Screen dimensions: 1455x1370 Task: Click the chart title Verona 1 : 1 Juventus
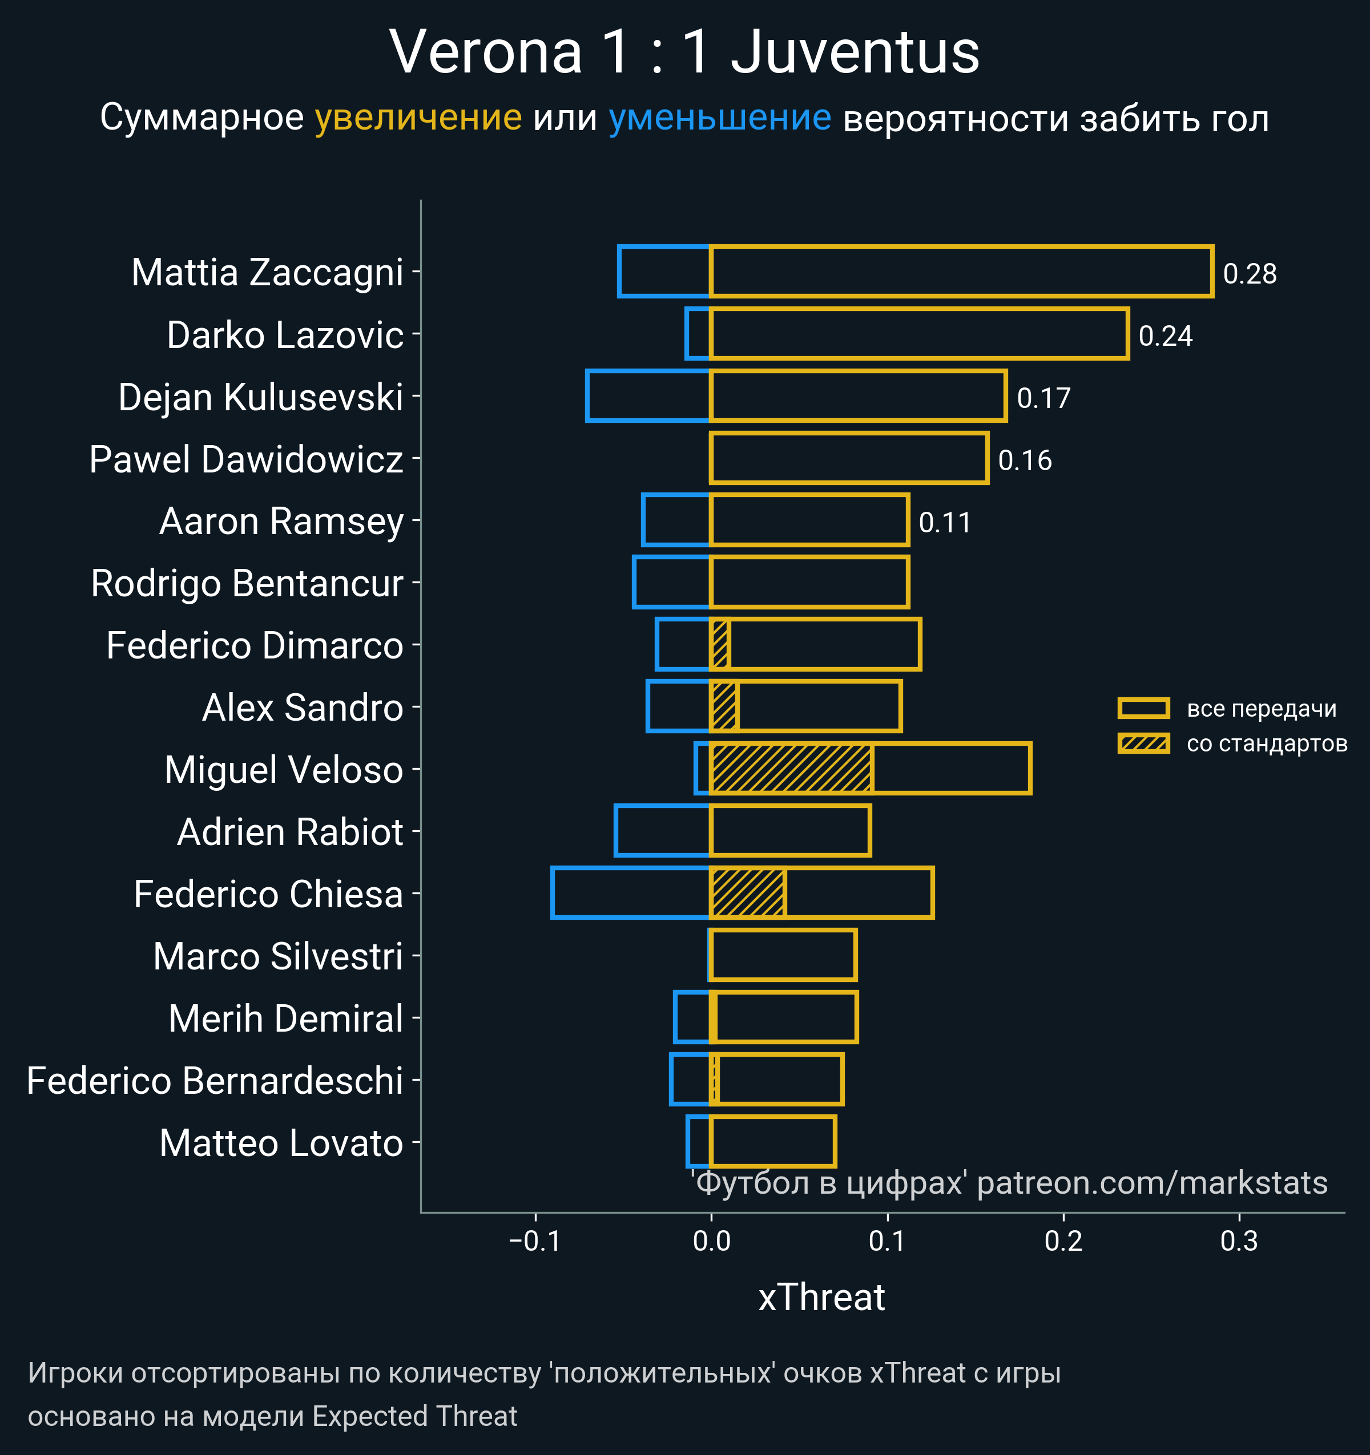684,52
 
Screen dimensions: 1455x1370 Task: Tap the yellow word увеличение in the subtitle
418,118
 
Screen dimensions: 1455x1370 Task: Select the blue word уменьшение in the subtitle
720,118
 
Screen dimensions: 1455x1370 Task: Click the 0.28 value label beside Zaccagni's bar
1250,274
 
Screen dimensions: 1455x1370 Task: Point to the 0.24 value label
1165,336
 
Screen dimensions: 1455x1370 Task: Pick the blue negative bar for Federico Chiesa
630,892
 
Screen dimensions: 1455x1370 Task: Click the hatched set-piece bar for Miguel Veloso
791,769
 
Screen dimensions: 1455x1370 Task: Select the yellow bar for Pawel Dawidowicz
849,458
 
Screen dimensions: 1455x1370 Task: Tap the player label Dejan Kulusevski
261,398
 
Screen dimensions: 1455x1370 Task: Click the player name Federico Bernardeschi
215,1081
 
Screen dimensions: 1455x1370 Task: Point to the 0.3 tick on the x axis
1239,1241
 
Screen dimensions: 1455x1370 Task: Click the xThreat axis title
821,1298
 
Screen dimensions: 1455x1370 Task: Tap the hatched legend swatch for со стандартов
1143,743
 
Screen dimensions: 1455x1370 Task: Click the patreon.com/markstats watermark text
1152,1183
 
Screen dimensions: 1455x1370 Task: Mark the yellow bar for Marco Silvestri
783,955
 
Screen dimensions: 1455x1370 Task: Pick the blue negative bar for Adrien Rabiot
662,830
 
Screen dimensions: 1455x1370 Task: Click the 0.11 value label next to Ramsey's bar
945,523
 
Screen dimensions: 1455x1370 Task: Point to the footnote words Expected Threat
414,1416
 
